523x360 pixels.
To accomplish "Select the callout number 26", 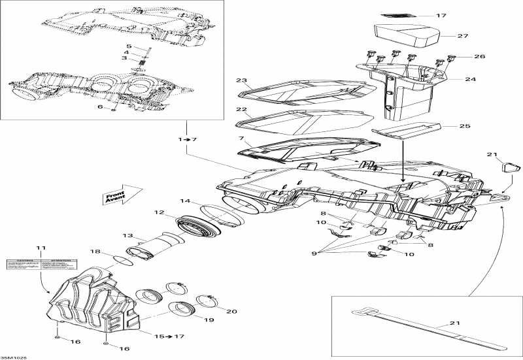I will (x=479, y=57).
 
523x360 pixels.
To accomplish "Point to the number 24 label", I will (x=469, y=80).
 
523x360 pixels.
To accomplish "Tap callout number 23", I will (x=241, y=81).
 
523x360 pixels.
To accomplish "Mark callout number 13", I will (x=127, y=236).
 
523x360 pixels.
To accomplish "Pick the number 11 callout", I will (x=41, y=248).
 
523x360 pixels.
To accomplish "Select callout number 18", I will (x=95, y=252).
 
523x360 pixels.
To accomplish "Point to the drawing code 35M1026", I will (x=14, y=357).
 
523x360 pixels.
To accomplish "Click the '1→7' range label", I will (x=186, y=140).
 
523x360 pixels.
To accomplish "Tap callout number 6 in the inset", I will (x=100, y=107).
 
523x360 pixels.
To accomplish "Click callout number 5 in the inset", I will (x=129, y=46).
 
